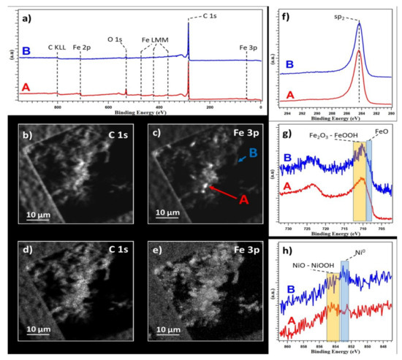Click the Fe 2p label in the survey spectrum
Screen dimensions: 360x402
(x=83, y=49)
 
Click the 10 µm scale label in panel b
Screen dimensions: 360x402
(x=34, y=215)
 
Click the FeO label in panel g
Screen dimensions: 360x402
(x=381, y=134)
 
